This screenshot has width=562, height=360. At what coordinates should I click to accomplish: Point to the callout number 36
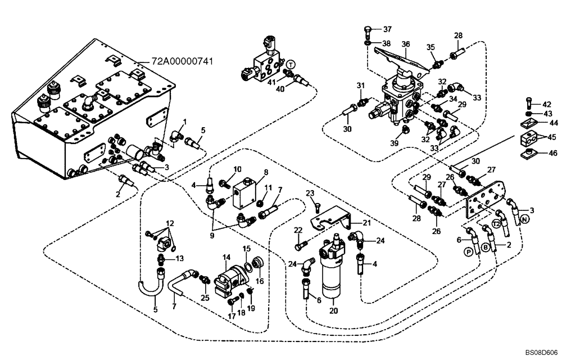coord(406,44)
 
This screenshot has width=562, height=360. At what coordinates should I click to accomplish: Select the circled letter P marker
coord(468,253)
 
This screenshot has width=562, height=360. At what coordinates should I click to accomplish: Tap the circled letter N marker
coord(524,219)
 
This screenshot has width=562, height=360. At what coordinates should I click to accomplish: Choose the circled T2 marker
coord(496,224)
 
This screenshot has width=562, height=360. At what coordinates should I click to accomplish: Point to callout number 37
coord(388,29)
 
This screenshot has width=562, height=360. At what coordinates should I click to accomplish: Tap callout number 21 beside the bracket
coord(366,223)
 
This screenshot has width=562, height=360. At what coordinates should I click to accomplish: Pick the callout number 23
coord(309,193)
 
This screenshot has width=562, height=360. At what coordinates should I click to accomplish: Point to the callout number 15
coord(247,248)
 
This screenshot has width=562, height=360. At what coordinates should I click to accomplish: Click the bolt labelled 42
coord(529,104)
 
